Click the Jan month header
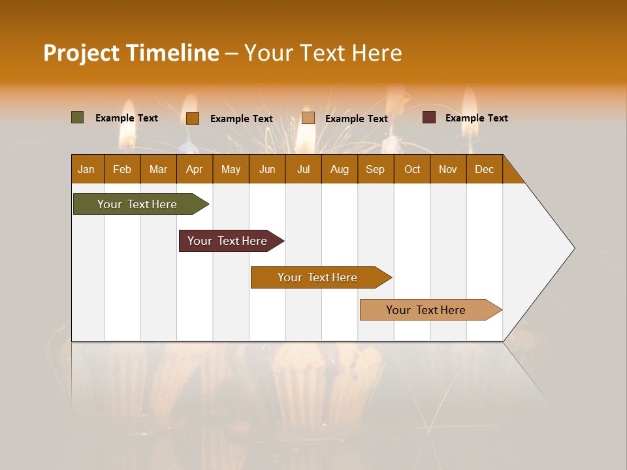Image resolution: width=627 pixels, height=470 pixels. point(87,169)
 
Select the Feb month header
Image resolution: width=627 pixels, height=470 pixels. point(122,169)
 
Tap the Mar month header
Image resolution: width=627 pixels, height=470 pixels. point(158,169)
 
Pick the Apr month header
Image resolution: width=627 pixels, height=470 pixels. point(195,169)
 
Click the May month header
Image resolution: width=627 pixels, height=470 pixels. point(231,169)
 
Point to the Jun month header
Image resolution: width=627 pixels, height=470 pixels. point(267,169)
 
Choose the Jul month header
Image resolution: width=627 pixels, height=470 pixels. point(303,169)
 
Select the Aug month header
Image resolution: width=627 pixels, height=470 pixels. point(340,169)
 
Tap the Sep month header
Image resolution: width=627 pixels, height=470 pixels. point(376,169)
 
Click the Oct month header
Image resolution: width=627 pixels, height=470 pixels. point(412,169)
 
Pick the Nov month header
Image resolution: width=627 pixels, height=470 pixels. point(448,169)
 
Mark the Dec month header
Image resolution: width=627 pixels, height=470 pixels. point(485,169)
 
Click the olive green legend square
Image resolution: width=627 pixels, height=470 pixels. point(78,117)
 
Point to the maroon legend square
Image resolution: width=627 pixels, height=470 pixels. point(429,117)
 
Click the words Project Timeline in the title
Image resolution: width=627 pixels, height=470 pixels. point(131,53)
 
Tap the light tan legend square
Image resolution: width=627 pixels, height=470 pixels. point(308,118)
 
